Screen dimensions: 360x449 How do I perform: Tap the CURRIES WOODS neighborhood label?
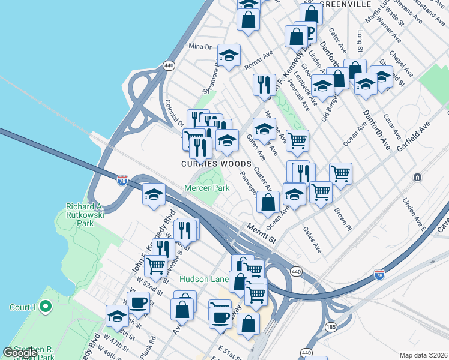coord(216,164)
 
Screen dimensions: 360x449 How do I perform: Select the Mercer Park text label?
coord(206,188)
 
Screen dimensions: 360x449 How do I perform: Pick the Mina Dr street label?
coord(200,46)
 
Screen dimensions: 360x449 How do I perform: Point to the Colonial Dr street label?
coord(174,112)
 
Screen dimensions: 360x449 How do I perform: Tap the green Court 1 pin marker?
coord(45,308)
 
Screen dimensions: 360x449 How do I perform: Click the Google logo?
coord(20,353)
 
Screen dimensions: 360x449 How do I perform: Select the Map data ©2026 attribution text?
coord(423,355)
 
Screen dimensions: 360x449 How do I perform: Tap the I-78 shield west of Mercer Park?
coord(122,181)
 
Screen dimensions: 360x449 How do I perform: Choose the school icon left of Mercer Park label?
coord(154,194)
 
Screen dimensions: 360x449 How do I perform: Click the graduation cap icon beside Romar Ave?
coord(228,55)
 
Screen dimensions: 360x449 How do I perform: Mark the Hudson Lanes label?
coord(204,280)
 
